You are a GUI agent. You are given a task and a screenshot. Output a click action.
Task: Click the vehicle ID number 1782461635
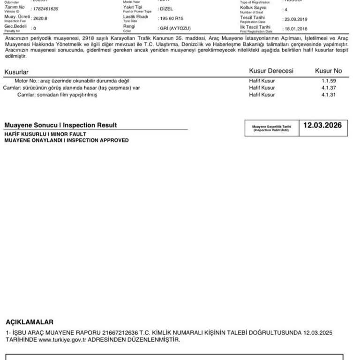45,9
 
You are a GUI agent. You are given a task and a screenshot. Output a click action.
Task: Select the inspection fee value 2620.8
41,19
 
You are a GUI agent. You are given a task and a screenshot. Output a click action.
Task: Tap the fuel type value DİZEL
166,9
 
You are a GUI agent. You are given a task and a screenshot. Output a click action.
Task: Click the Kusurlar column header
16,72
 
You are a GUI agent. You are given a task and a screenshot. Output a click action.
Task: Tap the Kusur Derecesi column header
271,71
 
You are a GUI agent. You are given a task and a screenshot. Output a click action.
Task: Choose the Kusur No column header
328,71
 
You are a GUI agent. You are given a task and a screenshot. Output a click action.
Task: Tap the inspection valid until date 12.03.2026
322,126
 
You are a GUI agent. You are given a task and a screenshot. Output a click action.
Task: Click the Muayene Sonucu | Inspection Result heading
60,125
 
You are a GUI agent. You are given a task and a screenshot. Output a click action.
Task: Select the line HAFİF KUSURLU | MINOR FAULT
45,134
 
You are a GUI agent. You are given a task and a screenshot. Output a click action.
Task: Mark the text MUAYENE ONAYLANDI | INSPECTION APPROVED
66,140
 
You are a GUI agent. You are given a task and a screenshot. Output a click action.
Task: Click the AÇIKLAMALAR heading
30,322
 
